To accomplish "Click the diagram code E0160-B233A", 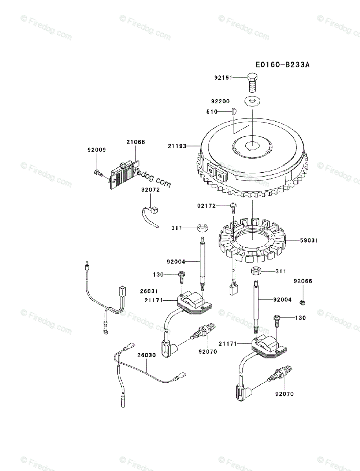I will (282, 64).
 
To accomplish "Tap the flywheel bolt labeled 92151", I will (252, 81).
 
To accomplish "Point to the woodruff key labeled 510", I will (233, 111).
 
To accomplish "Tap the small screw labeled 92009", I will (98, 172).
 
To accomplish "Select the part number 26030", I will (146, 355).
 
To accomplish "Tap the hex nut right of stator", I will (256, 271).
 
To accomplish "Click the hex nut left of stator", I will (203, 228).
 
